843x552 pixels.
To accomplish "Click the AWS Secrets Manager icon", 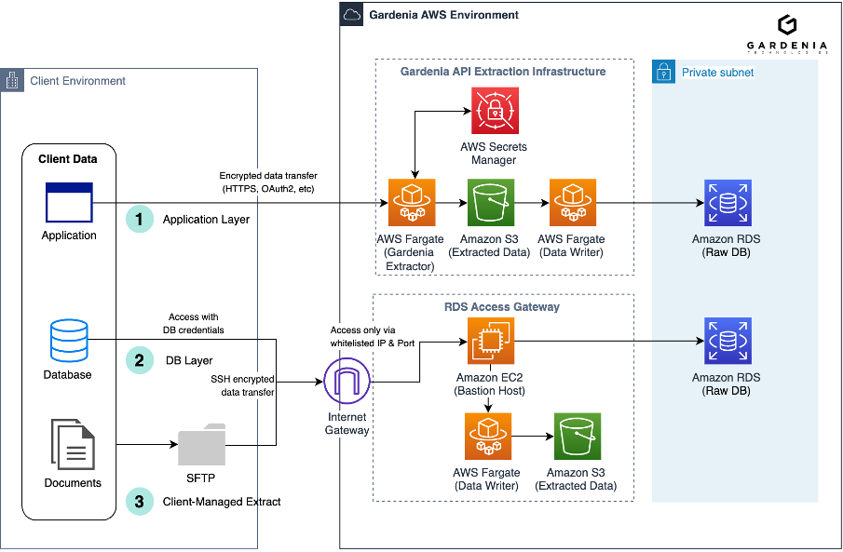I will coord(495,111).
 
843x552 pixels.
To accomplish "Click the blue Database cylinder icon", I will coord(70,342).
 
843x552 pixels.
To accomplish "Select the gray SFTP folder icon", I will coord(202,444).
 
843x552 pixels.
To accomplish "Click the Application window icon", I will coord(69,202).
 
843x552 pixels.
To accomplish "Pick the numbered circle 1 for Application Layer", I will coord(140,220).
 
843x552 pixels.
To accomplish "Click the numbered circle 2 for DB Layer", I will coord(140,360).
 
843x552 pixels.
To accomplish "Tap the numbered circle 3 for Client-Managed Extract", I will coord(140,501).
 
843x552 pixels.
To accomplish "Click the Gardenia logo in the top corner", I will coord(786,26).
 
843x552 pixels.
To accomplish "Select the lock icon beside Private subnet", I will coord(663,72).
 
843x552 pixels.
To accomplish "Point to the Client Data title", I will coord(67,159).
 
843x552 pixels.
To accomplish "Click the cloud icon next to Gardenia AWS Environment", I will coord(352,15).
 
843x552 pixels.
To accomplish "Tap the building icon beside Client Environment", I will coord(12,80).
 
